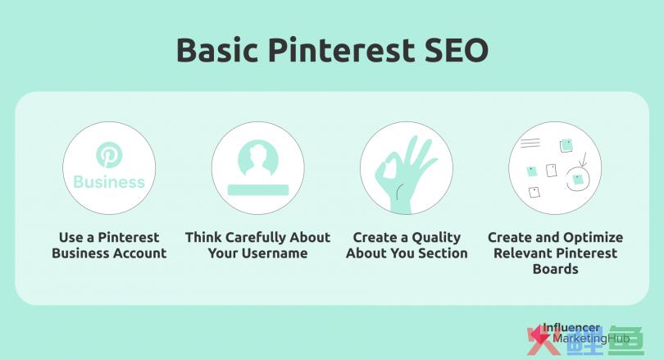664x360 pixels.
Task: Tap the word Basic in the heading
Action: click(x=216, y=50)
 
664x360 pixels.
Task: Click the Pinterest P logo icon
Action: click(x=109, y=154)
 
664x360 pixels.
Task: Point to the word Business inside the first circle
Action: click(x=109, y=182)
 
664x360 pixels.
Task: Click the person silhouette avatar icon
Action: click(x=258, y=159)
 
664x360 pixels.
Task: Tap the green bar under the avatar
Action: click(x=258, y=189)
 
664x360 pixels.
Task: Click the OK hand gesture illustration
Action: click(x=404, y=174)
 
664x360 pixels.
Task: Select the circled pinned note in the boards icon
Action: click(x=578, y=179)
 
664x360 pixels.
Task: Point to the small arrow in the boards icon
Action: click(x=583, y=159)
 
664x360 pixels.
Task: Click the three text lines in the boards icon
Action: click(x=530, y=143)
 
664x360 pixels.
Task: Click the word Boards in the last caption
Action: click(x=555, y=269)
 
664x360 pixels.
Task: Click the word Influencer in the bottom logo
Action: click(x=571, y=327)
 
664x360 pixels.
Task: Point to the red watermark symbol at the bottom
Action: click(x=539, y=339)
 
